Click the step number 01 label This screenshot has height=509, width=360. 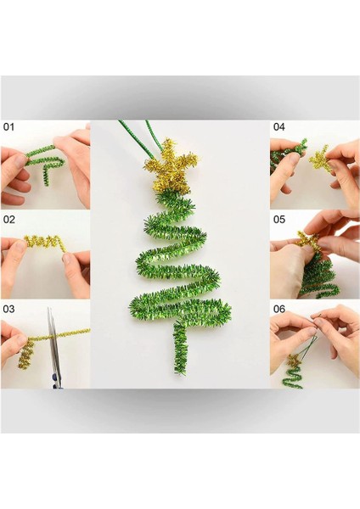8,127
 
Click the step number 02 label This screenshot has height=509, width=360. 9,220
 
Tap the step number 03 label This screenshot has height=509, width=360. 8,309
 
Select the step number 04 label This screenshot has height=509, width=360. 278,127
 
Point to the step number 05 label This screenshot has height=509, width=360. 278,220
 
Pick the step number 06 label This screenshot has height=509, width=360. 278,309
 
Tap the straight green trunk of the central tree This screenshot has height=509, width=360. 180,348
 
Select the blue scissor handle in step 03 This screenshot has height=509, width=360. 57,381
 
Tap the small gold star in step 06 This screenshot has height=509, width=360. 294,361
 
